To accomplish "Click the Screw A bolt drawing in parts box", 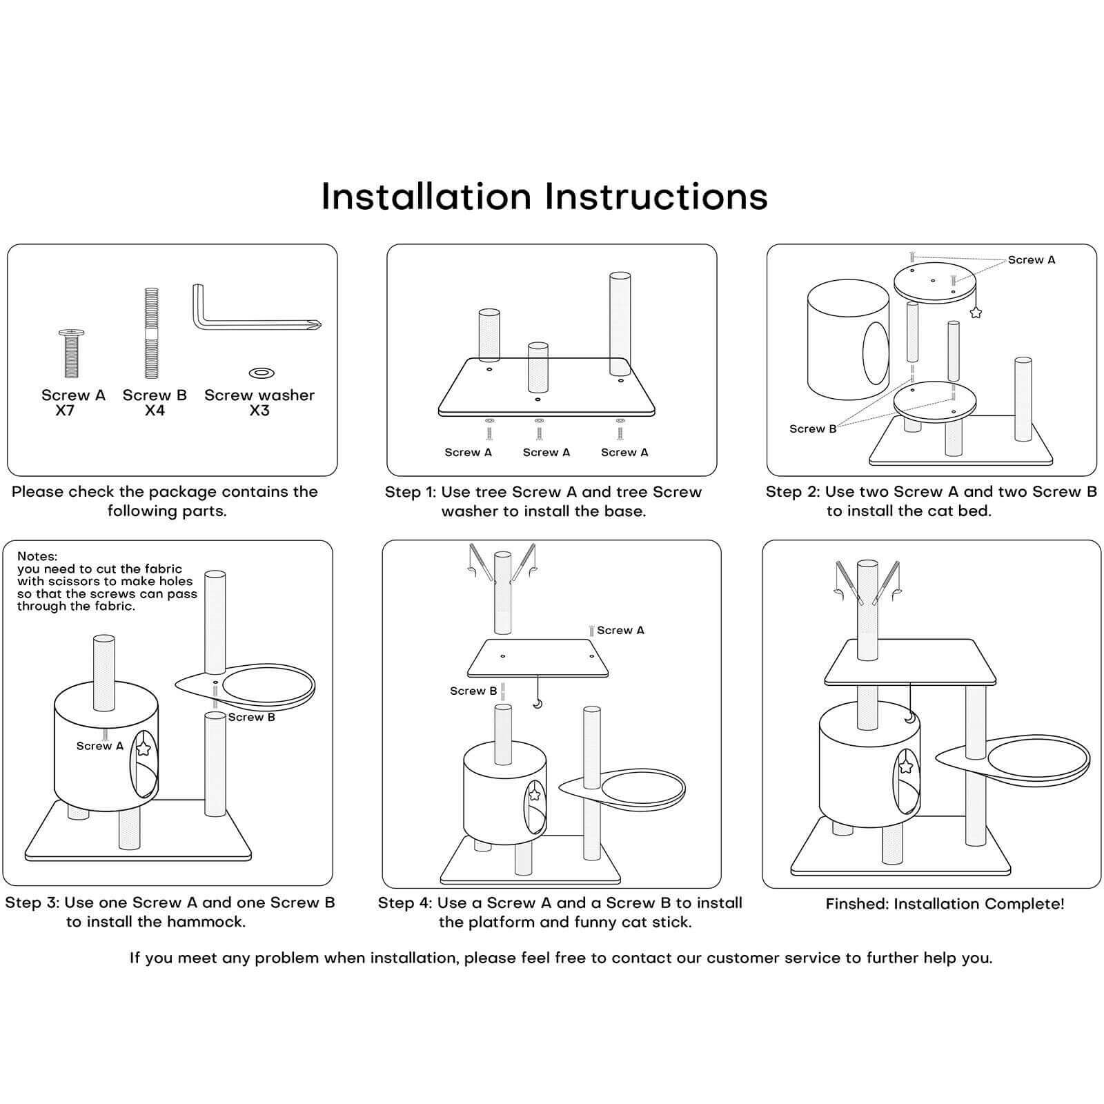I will point(71,353).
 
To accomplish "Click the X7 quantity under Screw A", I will point(66,411).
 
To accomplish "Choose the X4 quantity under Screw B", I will point(155,411).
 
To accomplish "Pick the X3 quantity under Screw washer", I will point(259,411).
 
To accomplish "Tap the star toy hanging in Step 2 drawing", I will point(976,312).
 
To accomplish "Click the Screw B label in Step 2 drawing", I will point(813,429).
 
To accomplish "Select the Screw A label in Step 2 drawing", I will point(1032,260).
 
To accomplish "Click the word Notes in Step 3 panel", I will point(37,556).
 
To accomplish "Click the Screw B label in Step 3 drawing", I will point(252,718).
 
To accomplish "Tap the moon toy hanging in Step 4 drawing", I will point(537,704).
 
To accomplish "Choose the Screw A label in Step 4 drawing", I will point(620,631).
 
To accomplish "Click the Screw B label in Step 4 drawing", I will point(473,691).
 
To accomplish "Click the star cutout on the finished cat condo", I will point(906,766).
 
